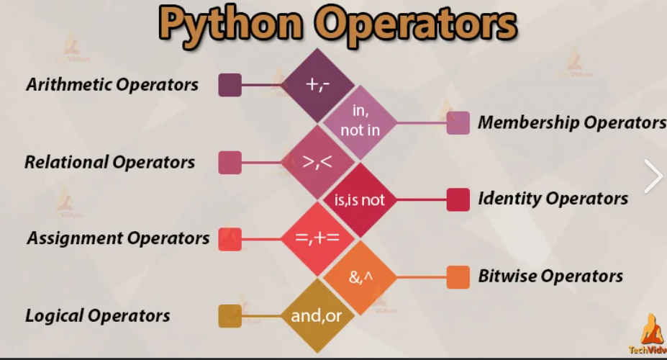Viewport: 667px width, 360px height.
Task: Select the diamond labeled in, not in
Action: (360, 121)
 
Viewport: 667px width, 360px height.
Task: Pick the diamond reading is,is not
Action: (360, 200)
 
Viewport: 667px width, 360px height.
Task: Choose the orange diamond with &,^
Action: (360, 276)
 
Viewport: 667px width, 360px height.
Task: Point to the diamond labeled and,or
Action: (317, 315)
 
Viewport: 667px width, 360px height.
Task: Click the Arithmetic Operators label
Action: (112, 84)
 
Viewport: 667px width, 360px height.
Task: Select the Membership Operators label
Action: (571, 122)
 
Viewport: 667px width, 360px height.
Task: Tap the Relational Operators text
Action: (109, 162)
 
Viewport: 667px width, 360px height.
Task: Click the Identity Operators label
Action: (553, 199)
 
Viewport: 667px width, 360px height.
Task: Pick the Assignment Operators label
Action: (118, 238)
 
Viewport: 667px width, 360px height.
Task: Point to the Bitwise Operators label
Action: (550, 276)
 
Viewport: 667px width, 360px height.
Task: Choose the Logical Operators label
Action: (98, 315)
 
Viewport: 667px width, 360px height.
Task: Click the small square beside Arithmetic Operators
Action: (230, 85)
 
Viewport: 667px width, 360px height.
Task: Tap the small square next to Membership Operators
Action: (458, 123)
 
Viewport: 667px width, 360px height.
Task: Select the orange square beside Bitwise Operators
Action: (458, 277)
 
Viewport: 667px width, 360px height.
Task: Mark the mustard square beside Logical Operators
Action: (230, 316)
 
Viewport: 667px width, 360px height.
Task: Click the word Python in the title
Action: (231, 24)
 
